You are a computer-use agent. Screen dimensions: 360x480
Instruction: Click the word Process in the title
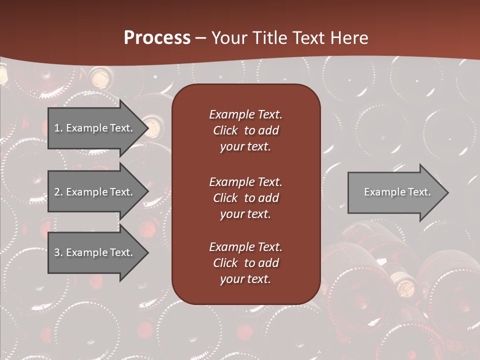pyautogui.click(x=157, y=38)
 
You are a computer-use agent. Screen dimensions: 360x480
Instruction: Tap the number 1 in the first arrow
pyautogui.click(x=56, y=128)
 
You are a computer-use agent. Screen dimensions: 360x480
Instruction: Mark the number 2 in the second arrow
pyautogui.click(x=56, y=192)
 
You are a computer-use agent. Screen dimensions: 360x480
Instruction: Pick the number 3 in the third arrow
pyautogui.click(x=56, y=252)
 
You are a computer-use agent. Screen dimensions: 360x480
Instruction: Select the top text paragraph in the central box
pyautogui.click(x=245, y=130)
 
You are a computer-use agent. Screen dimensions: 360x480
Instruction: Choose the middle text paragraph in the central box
pyautogui.click(x=245, y=198)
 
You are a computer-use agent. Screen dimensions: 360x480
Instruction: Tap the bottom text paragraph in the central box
pyautogui.click(x=245, y=263)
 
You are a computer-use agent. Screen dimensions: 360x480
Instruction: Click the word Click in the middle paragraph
pyautogui.click(x=225, y=198)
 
